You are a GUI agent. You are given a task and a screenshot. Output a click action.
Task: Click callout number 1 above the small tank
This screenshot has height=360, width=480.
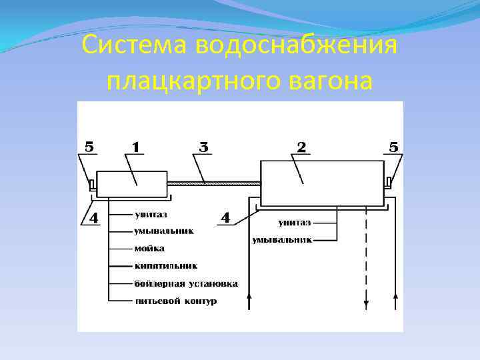pyautogui.click(x=135, y=147)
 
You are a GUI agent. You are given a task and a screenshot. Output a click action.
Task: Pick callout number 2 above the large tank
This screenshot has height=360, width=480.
pyautogui.click(x=302, y=147)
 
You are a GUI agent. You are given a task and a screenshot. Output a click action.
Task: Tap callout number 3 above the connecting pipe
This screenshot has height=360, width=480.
pyautogui.click(x=204, y=147)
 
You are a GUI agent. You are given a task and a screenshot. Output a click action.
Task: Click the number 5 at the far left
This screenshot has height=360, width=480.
pyautogui.click(x=89, y=147)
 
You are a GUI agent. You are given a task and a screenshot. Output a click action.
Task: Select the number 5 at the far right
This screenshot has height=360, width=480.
pyautogui.click(x=393, y=147)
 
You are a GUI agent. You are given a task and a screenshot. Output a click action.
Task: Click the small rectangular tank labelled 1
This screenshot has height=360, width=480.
pyautogui.click(x=132, y=184)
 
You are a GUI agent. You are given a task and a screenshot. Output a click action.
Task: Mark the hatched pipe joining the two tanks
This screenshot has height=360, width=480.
pyautogui.click(x=213, y=183)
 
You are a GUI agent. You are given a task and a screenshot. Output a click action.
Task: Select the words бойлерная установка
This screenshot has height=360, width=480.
pyautogui.click(x=185, y=283)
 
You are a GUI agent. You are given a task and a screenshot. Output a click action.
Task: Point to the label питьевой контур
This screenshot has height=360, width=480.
pyautogui.click(x=175, y=301)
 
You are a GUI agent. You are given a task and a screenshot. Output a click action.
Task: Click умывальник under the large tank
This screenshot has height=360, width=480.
pyautogui.click(x=281, y=239)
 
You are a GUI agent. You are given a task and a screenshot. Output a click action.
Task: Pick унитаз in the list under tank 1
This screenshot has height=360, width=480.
pyautogui.click(x=151, y=215)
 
